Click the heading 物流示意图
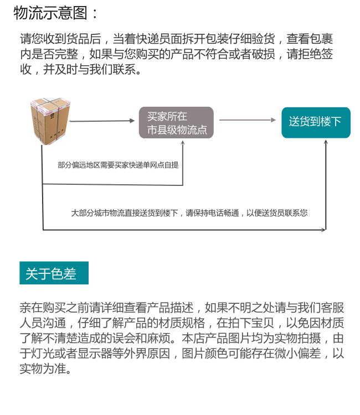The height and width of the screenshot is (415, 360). (50, 13)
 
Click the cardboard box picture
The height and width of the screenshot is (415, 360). (50, 122)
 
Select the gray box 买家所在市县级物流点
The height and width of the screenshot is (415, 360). (176, 122)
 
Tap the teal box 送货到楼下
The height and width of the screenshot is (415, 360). (316, 122)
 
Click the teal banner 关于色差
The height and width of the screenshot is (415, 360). (54, 273)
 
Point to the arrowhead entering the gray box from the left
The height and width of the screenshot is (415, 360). (132, 121)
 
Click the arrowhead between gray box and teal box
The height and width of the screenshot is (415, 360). (273, 120)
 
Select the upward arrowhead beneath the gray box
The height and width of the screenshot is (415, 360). (183, 143)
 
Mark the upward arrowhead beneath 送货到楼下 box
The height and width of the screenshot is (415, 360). (326, 143)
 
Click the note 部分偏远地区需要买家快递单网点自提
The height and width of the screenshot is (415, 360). (118, 165)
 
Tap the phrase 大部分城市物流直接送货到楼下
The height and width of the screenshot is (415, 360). (125, 213)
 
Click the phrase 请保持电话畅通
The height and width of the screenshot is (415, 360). (213, 213)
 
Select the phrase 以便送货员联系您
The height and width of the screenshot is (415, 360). (277, 213)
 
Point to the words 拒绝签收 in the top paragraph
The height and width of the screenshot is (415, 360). (310, 54)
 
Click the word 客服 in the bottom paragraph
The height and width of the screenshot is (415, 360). (332, 308)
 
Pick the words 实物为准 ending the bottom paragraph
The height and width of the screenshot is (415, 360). (43, 369)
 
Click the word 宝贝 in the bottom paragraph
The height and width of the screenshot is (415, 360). (263, 323)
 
